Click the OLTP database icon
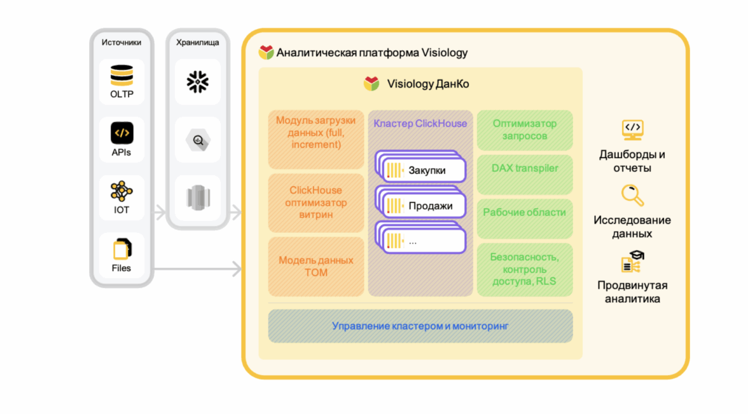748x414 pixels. tap(121, 76)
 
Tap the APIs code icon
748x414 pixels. tap(121, 133)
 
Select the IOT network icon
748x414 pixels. tap(121, 191)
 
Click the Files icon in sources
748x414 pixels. tap(121, 248)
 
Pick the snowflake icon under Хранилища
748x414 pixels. tap(198, 81)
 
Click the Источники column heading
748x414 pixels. tap(121, 43)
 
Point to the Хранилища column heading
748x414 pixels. tap(198, 43)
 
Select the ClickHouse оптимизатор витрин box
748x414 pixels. tap(315, 203)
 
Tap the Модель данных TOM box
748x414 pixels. tap(315, 266)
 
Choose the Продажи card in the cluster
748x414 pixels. tap(422, 206)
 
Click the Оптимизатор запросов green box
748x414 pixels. tap(525, 130)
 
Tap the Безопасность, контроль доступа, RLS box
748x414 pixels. tap(525, 269)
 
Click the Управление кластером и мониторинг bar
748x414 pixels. tap(420, 326)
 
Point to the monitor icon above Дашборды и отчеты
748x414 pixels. tap(632, 130)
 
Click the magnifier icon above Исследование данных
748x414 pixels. tap(632, 196)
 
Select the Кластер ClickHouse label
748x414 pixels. tap(420, 124)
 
